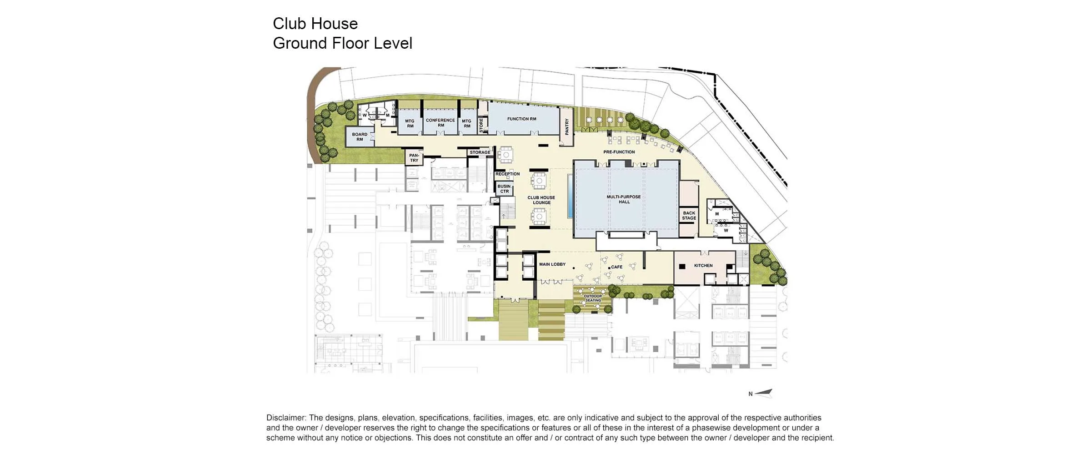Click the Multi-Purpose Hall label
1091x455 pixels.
click(x=624, y=199)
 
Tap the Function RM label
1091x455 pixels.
click(x=522, y=119)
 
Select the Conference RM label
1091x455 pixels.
click(x=440, y=123)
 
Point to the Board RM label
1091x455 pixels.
click(x=360, y=137)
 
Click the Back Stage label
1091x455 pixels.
click(x=689, y=216)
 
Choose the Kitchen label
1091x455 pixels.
click(x=704, y=266)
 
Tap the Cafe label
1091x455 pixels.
click(x=617, y=267)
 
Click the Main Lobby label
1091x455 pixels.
click(x=552, y=264)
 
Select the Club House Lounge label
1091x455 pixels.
click(x=541, y=200)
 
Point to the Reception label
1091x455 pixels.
click(x=508, y=174)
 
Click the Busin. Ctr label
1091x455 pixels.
click(x=505, y=189)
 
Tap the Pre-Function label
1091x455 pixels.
click(x=619, y=152)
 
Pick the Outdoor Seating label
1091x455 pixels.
click(x=593, y=298)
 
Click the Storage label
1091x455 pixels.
click(x=480, y=152)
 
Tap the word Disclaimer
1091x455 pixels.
click(x=286, y=418)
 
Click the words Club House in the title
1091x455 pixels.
click(x=315, y=24)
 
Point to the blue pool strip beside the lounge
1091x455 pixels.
click(x=570, y=196)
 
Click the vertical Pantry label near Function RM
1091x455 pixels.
click(x=567, y=127)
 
